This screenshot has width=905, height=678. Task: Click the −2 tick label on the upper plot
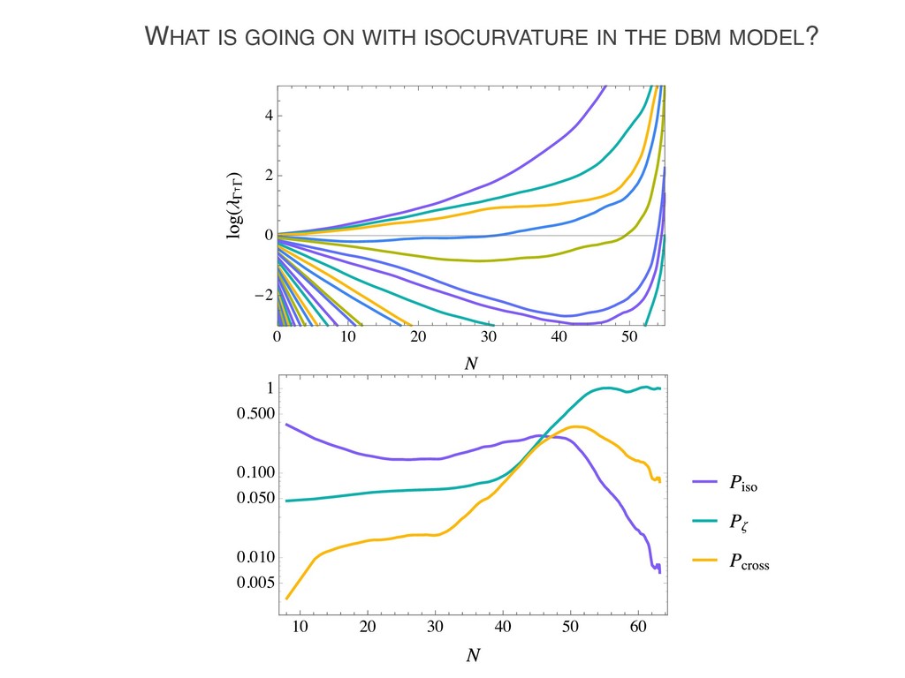[262, 296]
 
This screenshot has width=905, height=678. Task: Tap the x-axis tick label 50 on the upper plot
[628, 337]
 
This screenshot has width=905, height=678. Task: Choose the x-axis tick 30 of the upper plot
[488, 337]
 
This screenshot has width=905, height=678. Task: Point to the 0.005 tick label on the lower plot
[255, 584]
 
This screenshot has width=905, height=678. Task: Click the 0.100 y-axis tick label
[255, 474]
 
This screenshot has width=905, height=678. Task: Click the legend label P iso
[743, 484]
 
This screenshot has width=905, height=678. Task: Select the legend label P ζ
[739, 524]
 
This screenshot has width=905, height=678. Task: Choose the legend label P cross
[749, 562]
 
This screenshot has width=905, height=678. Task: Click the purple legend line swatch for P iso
[704, 482]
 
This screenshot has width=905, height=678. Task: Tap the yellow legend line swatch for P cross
[704, 561]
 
